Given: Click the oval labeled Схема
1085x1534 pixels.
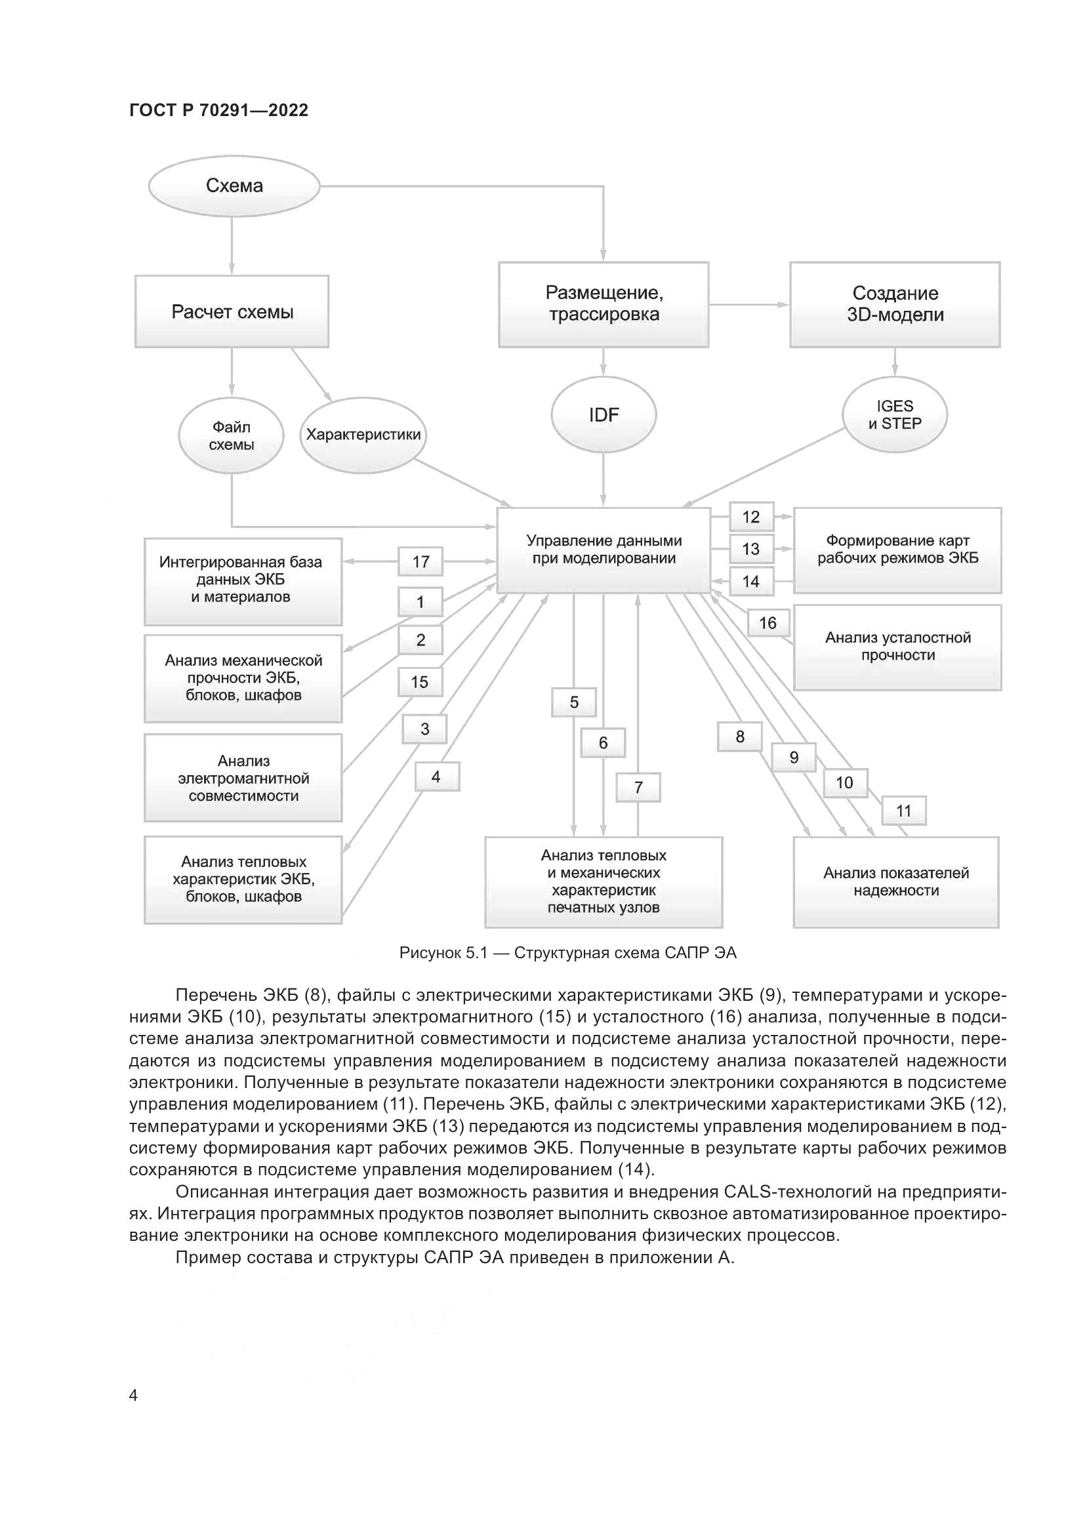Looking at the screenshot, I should point(234,186).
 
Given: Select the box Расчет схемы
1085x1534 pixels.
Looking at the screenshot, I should point(232,312).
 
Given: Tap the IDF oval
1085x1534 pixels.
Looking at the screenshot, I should point(604,415).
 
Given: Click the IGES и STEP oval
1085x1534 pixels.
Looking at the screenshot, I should point(895,415).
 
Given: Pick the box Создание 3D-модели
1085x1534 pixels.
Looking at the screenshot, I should point(895,304).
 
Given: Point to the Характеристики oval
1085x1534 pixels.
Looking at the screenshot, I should point(363,435).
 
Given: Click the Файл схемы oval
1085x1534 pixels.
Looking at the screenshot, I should point(231,435).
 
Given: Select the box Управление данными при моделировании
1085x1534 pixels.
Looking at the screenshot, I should point(604,550).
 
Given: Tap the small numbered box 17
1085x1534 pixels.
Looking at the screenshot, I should point(420,561).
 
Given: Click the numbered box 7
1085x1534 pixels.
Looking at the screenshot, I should point(638,788).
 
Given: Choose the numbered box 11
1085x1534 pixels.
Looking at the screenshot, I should point(903,811).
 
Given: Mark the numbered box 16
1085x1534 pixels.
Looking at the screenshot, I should point(768,623).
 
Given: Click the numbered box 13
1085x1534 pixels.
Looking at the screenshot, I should point(751,549).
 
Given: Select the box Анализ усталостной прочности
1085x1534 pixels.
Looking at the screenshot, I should point(897,647).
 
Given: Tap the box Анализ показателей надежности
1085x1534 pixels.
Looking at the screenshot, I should point(896,882).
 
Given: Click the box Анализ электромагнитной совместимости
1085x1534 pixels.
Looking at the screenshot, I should point(243,778).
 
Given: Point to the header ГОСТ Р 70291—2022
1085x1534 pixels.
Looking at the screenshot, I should point(218,110).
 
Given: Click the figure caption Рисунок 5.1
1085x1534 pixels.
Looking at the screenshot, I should point(567,953).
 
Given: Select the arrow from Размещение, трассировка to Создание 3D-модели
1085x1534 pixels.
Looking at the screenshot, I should point(749,305).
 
